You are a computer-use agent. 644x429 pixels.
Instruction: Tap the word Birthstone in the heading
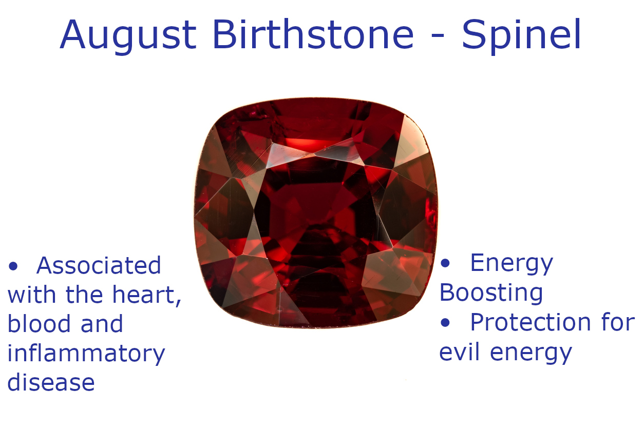313,35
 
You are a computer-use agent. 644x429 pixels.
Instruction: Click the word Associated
99,266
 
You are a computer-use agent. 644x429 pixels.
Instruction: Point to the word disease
51,383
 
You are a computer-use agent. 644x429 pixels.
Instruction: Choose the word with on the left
32,295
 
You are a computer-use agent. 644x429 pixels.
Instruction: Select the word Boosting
491,293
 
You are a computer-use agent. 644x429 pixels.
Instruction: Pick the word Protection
531,323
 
